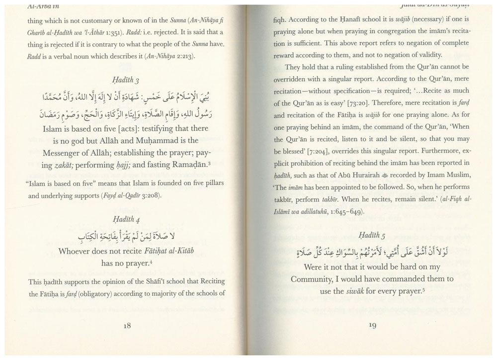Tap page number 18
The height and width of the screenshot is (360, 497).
pyautogui.click(x=127, y=326)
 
